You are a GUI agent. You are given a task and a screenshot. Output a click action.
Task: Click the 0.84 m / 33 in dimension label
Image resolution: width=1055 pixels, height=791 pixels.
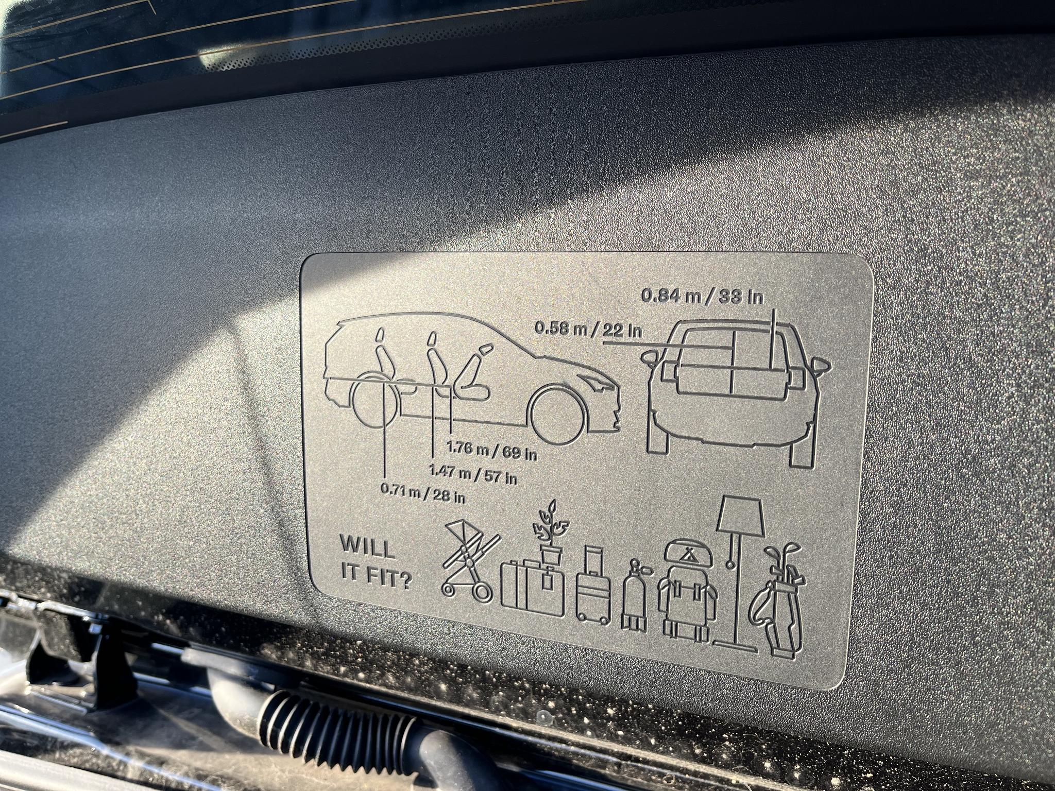click(x=702, y=297)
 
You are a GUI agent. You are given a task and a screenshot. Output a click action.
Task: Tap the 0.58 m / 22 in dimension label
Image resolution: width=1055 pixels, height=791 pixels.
click(x=589, y=329)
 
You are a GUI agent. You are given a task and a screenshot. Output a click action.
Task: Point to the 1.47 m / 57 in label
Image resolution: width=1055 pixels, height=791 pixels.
click(x=473, y=474)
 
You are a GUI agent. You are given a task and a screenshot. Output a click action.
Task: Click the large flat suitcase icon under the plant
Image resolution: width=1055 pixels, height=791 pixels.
click(x=533, y=589)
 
